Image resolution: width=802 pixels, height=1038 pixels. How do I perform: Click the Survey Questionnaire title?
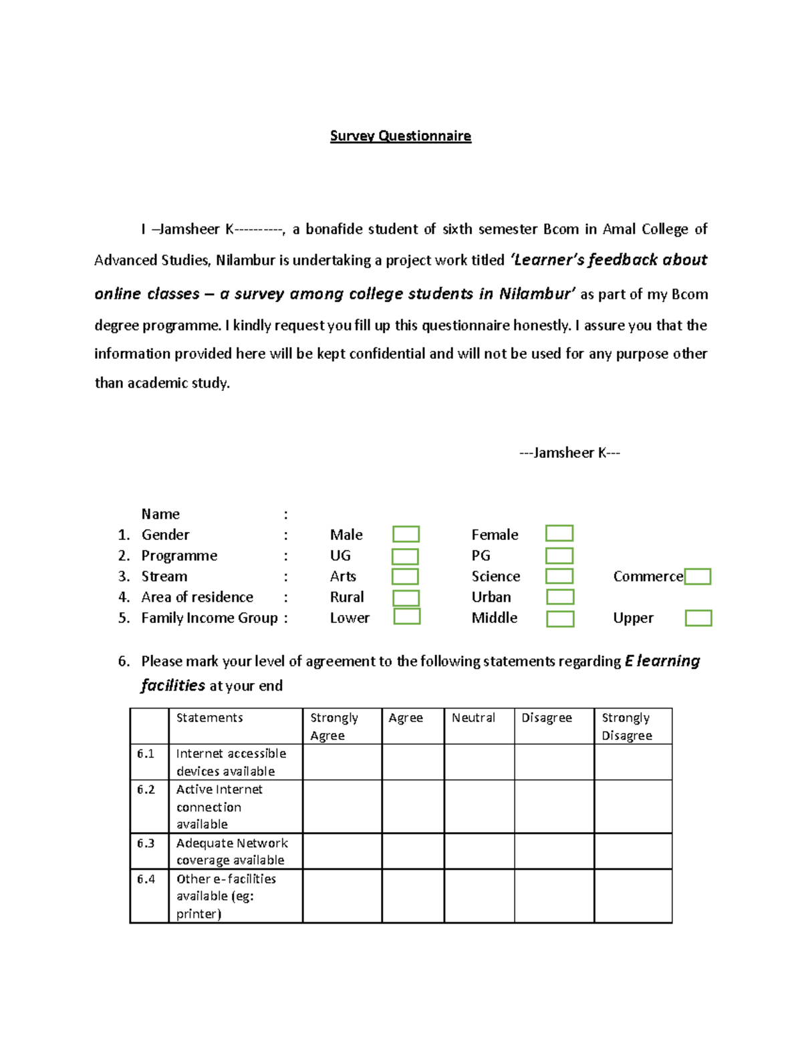coord(400,136)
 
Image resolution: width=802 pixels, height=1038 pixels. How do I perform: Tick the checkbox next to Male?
coord(406,534)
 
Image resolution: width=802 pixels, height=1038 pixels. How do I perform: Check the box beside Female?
coord(559,533)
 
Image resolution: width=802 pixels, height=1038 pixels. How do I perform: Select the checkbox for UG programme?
coord(405,556)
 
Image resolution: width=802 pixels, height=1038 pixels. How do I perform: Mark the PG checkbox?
coord(559,556)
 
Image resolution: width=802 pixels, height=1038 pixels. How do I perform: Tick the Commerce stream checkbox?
coord(698,577)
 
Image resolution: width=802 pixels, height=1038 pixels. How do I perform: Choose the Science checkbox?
coord(559,576)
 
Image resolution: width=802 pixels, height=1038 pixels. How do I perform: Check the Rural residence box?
coord(406,598)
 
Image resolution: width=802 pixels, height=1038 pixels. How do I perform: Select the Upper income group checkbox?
coord(698,618)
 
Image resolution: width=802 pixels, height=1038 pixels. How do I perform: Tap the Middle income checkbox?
coord(560,619)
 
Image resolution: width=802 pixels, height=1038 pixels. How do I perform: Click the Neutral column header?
coord(473,718)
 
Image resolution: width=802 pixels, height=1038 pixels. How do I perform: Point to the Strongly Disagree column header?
coord(627,727)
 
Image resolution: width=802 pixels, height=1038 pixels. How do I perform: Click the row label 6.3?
coord(146,844)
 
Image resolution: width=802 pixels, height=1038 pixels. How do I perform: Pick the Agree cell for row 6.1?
coord(412,762)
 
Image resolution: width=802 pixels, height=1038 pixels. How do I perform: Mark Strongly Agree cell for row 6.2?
coord(342,806)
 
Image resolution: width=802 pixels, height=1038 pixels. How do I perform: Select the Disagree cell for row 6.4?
coord(553,896)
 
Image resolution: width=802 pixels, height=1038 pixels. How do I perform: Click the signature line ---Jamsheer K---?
coord(569,453)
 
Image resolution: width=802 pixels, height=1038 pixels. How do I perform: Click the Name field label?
coord(160,514)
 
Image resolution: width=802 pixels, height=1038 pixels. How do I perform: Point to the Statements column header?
coord(209,718)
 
